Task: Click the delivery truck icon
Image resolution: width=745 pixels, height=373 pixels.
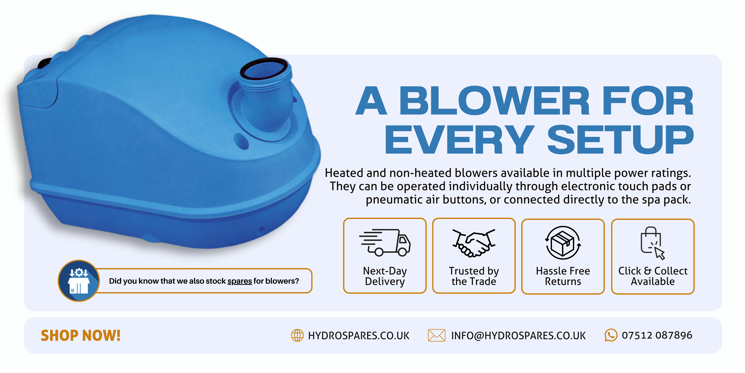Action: click(x=385, y=243)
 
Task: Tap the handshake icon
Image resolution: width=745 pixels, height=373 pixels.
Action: click(x=474, y=243)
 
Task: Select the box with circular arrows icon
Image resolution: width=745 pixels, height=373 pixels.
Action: click(x=563, y=243)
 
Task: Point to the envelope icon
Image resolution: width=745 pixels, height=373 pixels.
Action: click(x=436, y=335)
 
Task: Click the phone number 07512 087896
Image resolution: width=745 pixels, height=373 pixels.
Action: click(x=657, y=335)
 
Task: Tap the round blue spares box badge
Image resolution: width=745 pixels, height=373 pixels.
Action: click(x=79, y=281)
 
